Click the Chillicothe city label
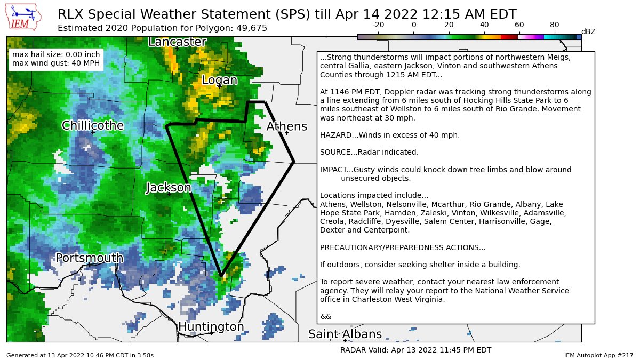(x=93, y=126)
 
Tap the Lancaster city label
(x=178, y=42)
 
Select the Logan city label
(x=219, y=80)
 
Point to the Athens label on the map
(x=286, y=126)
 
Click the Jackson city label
(x=169, y=188)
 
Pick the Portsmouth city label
(x=90, y=258)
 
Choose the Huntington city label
(x=211, y=326)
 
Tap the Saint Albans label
(x=345, y=334)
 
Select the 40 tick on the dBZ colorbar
(x=484, y=25)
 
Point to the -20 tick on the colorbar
(x=378, y=25)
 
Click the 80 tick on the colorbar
(x=554, y=25)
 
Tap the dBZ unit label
(x=588, y=32)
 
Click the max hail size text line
(x=56, y=54)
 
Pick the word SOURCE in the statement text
(x=335, y=153)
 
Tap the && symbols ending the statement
(x=325, y=316)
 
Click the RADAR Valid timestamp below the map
(x=415, y=350)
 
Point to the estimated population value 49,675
(x=251, y=28)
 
